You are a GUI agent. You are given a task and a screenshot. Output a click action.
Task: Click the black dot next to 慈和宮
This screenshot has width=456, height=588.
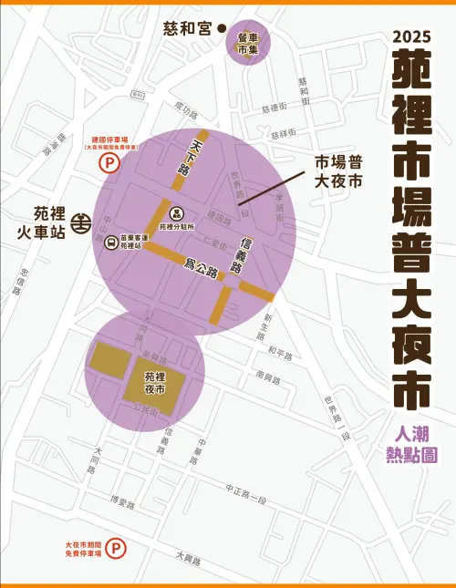tap(222, 28)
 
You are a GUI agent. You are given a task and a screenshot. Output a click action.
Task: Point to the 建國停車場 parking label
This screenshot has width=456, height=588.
tap(109, 140)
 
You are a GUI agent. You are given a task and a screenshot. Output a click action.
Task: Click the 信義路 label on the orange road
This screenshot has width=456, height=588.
tap(241, 256)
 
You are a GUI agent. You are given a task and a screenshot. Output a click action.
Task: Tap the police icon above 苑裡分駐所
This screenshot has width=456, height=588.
tap(178, 212)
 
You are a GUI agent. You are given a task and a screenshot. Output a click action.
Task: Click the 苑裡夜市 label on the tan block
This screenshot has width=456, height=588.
tap(156, 382)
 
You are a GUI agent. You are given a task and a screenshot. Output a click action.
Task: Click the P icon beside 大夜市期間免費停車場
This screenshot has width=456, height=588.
tap(116, 548)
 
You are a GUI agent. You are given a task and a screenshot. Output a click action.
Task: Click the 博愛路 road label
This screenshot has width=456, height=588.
tap(121, 501)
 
